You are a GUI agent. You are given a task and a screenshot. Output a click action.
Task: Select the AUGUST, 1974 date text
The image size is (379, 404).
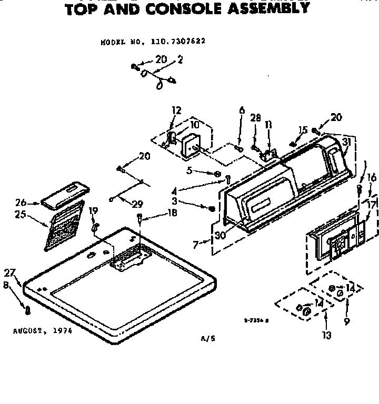point(42,331)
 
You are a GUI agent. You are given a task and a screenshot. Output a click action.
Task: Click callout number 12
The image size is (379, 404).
point(176,110)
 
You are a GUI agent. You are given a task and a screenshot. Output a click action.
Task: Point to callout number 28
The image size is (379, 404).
point(256,118)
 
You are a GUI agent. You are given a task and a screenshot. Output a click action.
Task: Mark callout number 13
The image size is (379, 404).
point(326,335)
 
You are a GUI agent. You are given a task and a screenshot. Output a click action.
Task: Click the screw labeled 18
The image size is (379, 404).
point(139,217)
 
